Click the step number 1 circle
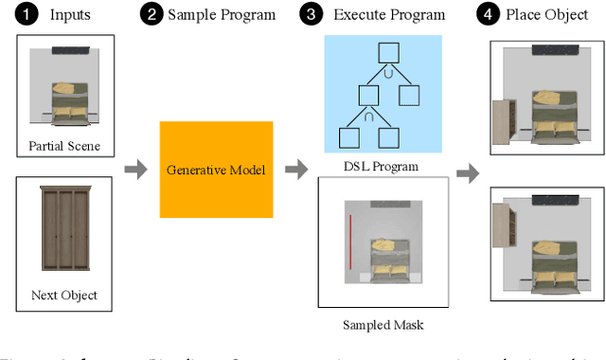(x=18, y=15)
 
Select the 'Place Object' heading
(x=548, y=15)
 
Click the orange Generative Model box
(x=216, y=170)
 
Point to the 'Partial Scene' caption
(x=64, y=146)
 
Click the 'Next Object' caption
(x=64, y=296)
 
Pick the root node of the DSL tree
(x=385, y=53)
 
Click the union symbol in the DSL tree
(x=386, y=72)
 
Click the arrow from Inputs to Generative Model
(x=136, y=170)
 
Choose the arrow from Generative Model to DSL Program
(x=296, y=170)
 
